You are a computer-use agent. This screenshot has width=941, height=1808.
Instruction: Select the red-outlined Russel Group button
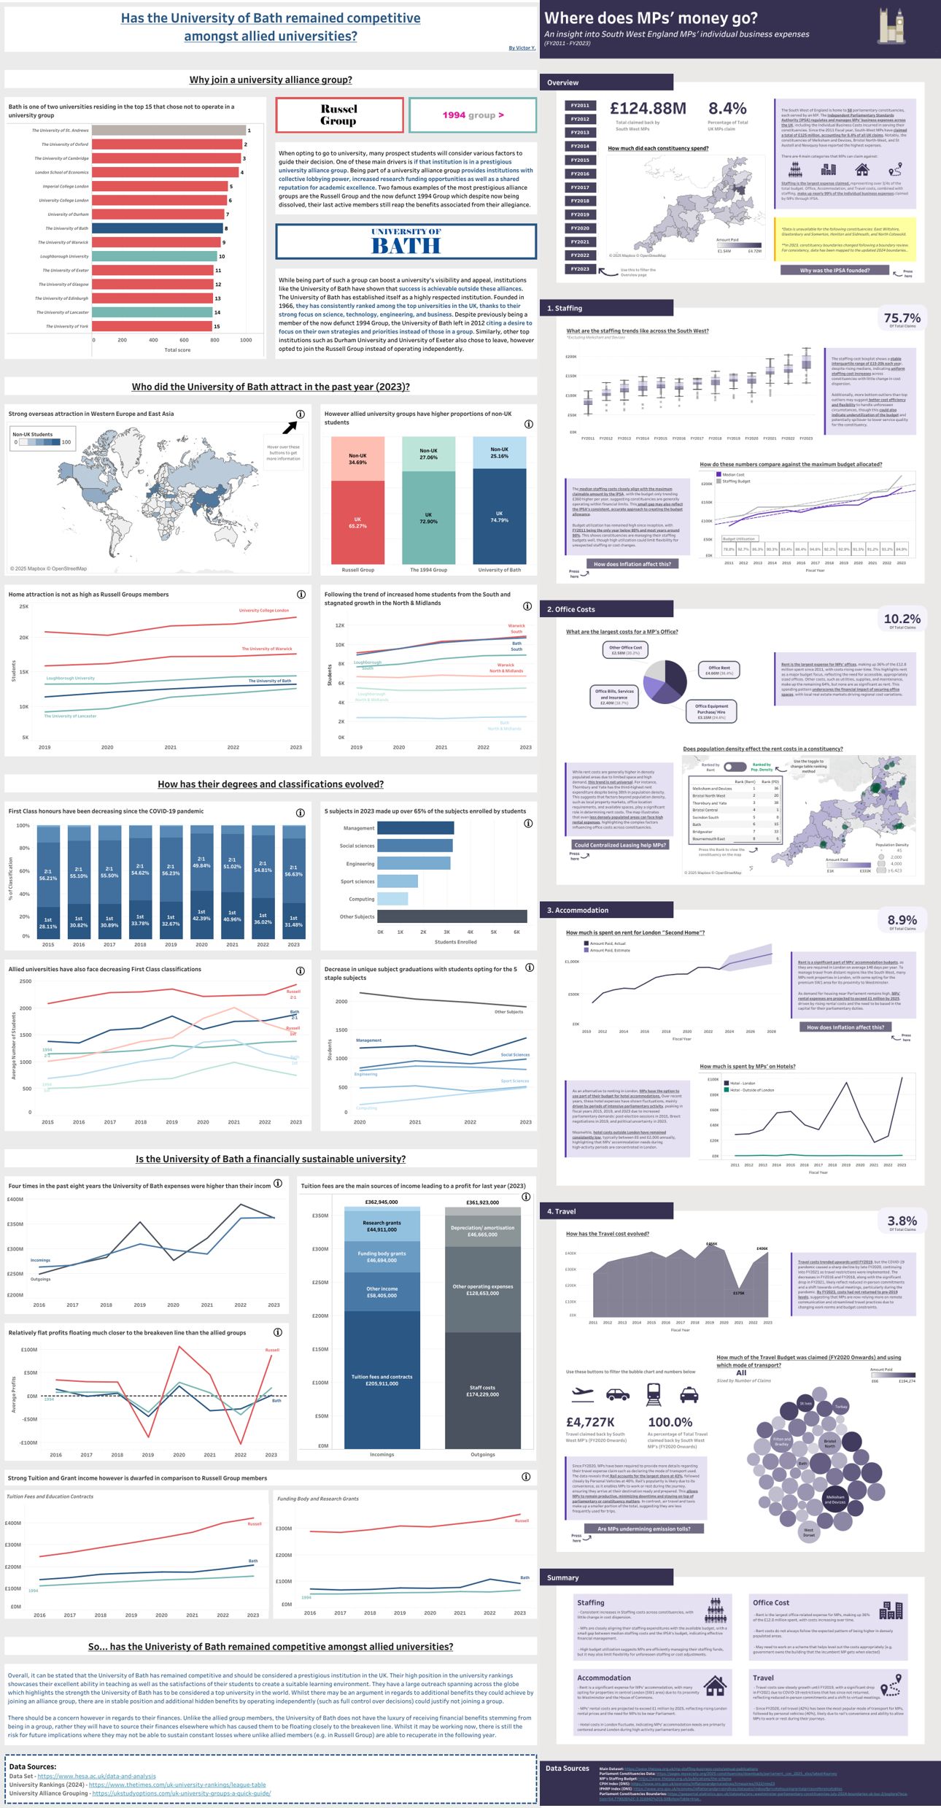coord(339,115)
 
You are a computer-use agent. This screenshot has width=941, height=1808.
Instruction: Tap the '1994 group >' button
coord(473,115)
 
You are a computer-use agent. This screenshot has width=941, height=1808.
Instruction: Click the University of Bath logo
coord(406,241)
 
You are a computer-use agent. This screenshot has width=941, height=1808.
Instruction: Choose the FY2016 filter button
coord(580,174)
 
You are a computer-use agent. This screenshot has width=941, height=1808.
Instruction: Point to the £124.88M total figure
coord(648,109)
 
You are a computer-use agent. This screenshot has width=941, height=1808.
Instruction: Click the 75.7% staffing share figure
coord(902,318)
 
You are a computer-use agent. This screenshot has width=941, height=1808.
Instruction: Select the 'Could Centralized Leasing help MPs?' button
coord(620,845)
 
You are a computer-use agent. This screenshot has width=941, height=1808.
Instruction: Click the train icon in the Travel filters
coord(654,1394)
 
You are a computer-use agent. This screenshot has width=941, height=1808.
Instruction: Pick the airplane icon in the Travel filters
coord(582,1394)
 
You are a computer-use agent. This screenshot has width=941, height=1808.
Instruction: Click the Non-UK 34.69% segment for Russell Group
coord(357,459)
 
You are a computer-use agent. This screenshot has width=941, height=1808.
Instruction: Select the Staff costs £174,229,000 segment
coord(483,1390)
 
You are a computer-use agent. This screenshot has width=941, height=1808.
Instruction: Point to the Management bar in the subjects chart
coord(415,828)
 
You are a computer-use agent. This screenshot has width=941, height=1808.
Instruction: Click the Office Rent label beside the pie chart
coord(719,670)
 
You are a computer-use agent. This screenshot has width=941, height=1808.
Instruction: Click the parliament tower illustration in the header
coord(891,27)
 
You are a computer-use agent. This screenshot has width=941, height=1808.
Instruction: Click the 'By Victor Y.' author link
coord(522,48)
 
